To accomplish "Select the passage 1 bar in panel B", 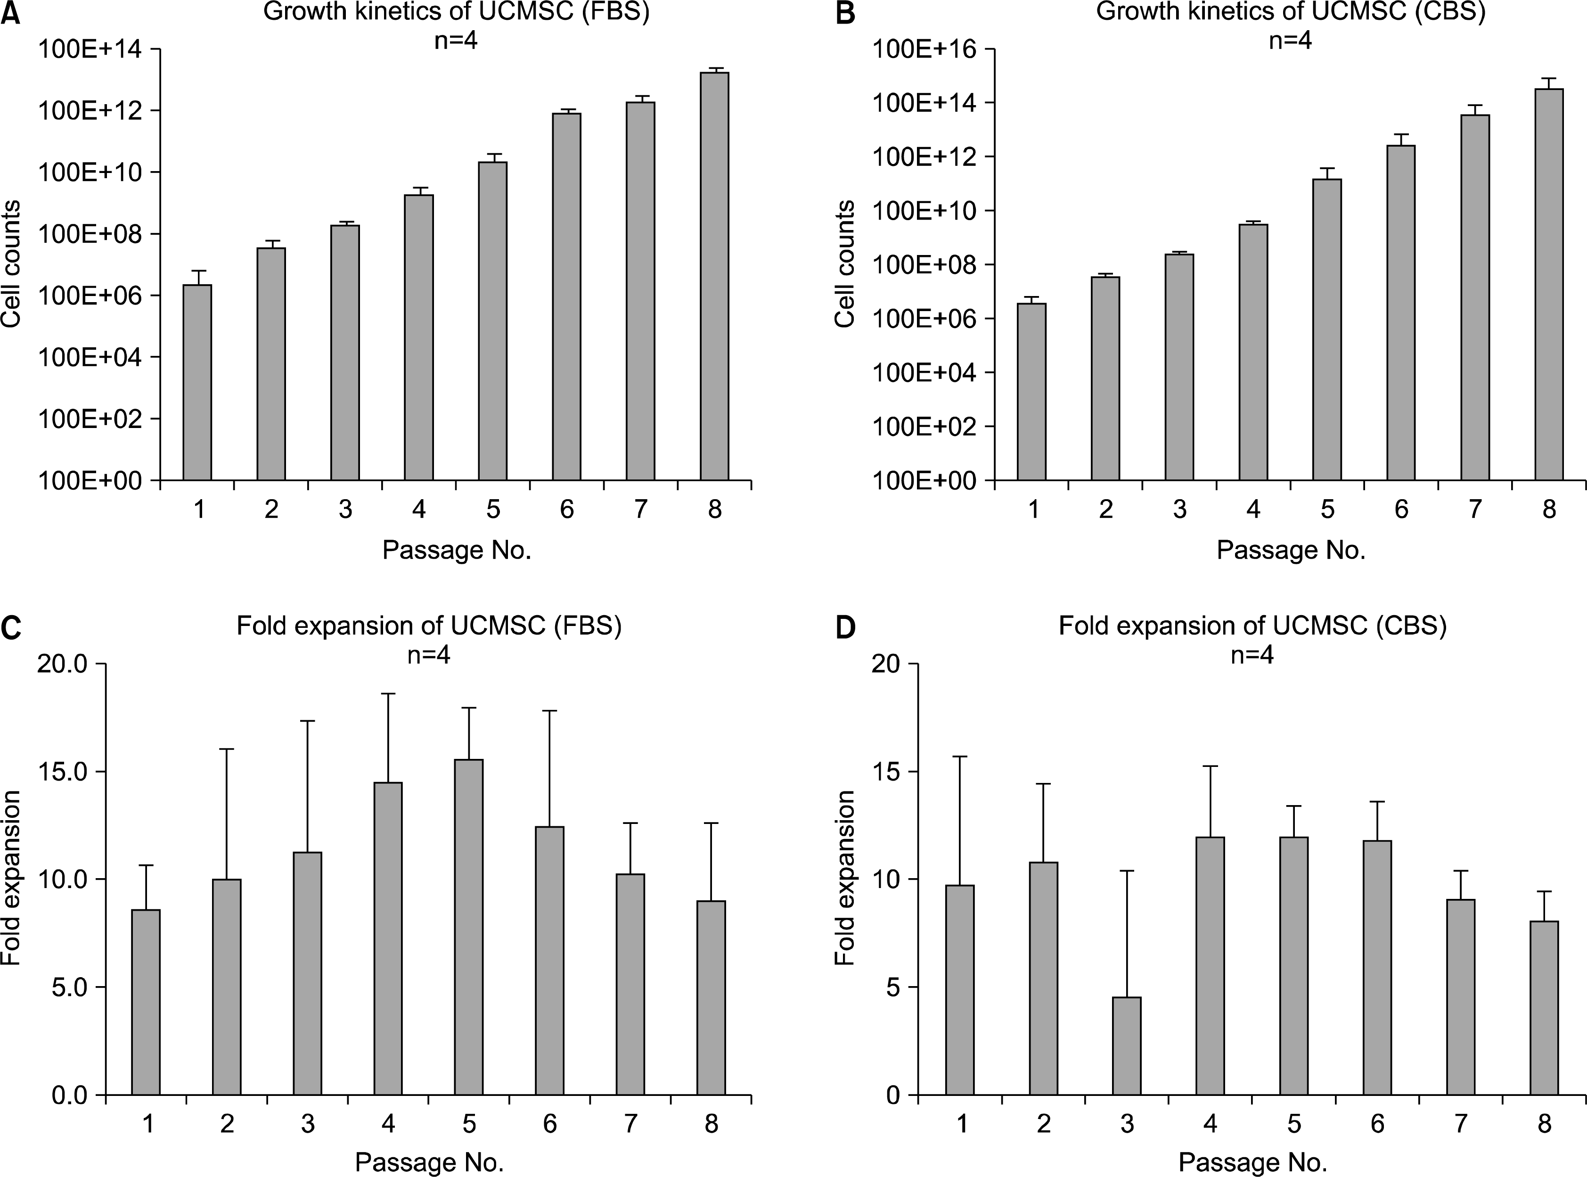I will click(1031, 392).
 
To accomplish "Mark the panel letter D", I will click(845, 628).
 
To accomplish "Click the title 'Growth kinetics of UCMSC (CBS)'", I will click(1291, 13).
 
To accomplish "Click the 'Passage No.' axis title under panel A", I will click(457, 550).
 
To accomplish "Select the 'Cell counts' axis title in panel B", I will click(845, 263).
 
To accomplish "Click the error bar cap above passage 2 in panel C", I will click(227, 749).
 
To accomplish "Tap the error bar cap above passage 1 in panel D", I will click(960, 756).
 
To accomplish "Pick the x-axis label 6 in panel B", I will click(1401, 510).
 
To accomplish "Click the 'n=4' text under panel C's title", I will click(429, 655).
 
